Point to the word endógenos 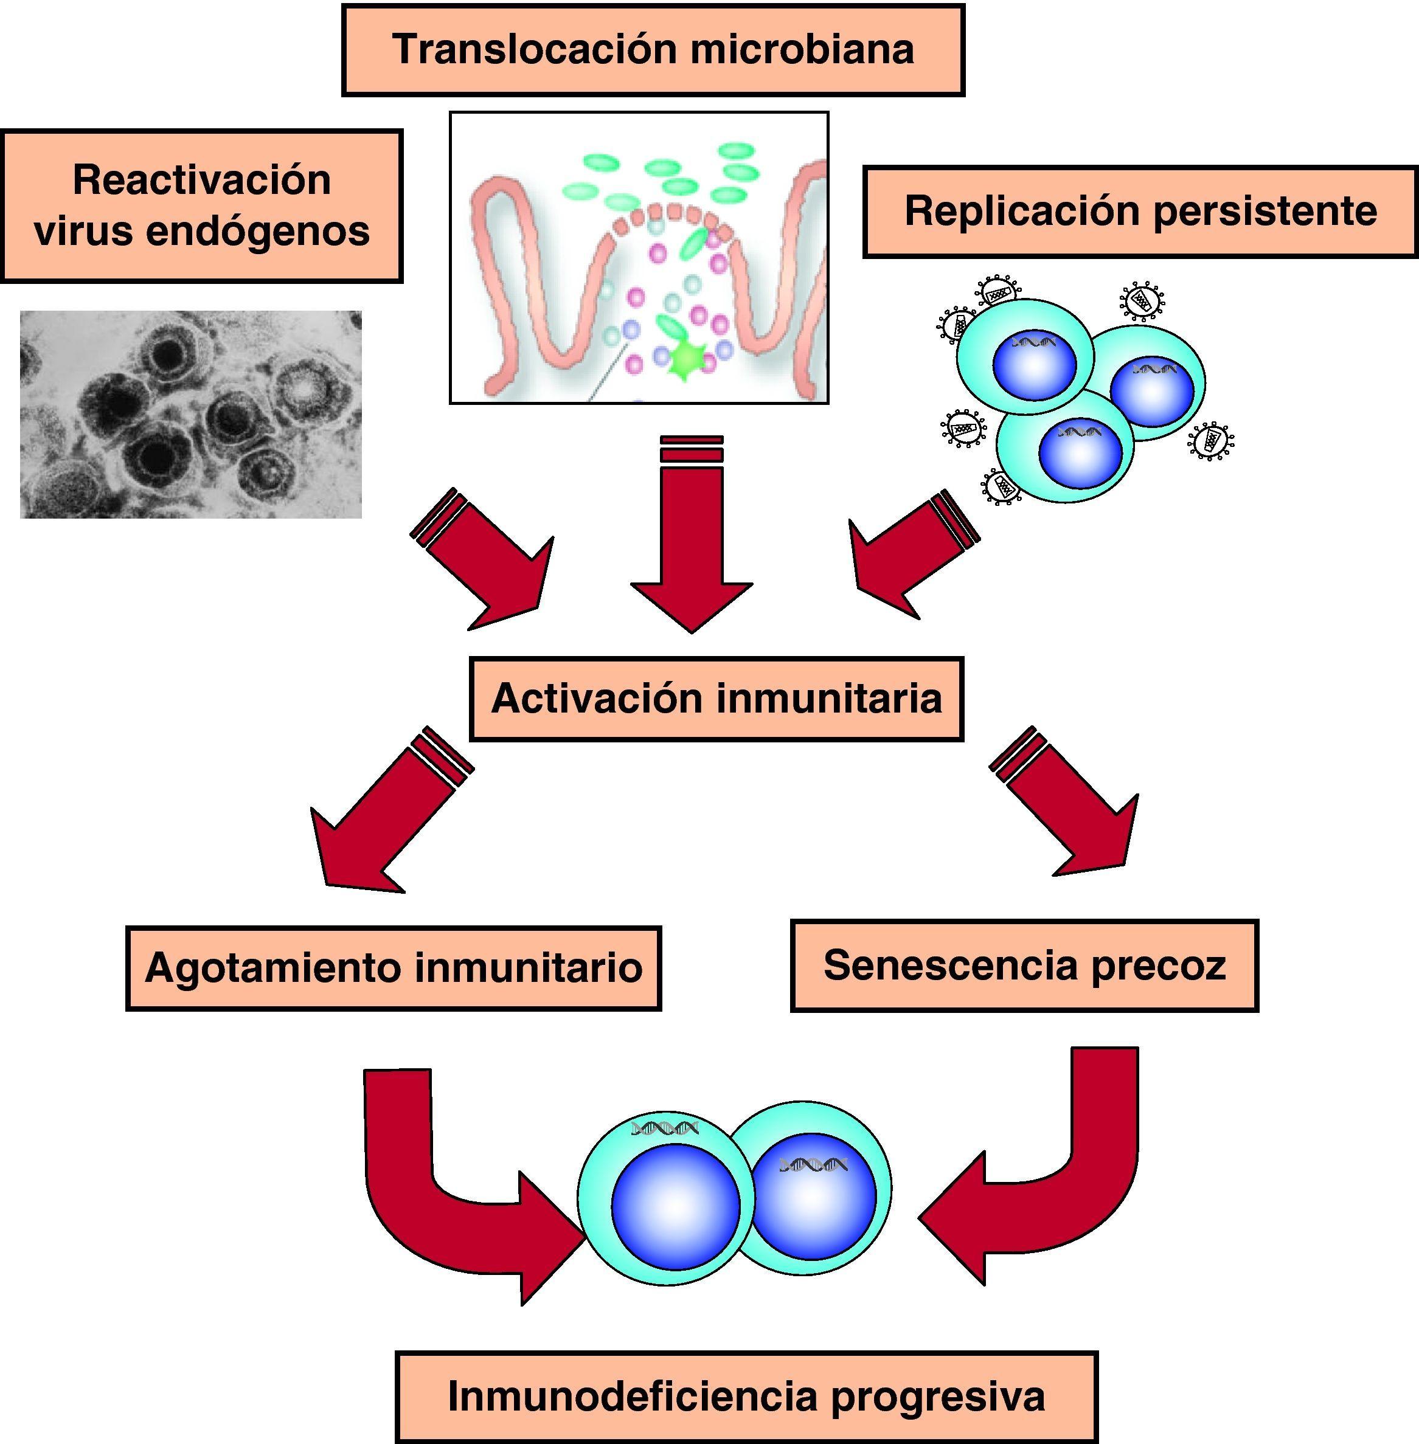click(x=257, y=231)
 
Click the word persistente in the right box click(x=1265, y=211)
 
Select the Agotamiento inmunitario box click(x=394, y=968)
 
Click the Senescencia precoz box click(x=1024, y=966)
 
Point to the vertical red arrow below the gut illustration click(x=692, y=544)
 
